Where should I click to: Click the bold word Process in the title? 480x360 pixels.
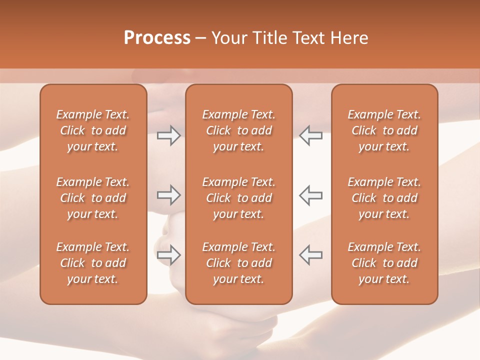pos(157,38)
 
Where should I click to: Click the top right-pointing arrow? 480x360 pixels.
pos(168,135)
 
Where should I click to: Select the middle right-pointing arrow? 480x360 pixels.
pos(168,195)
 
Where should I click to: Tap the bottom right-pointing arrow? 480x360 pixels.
pos(168,255)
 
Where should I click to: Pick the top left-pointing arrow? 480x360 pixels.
pos(310,135)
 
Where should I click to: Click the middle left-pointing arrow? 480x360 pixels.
pos(310,195)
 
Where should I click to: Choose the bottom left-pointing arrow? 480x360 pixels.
pos(310,255)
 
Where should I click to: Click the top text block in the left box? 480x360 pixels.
pos(93,130)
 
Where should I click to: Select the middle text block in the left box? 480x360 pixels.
pos(93,198)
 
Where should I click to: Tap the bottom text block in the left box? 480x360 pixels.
pos(93,263)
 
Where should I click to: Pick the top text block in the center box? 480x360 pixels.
pos(238,130)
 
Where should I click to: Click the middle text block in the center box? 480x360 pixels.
pos(238,198)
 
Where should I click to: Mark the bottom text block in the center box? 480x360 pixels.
pos(238,263)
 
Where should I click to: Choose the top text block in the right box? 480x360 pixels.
pos(384,130)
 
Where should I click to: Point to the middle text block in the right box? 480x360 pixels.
pos(384,198)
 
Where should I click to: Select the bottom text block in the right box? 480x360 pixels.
pos(384,263)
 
